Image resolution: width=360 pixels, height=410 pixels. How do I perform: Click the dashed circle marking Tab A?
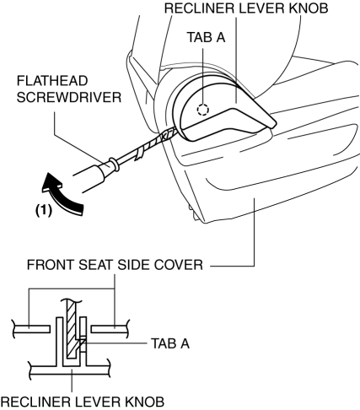click(x=202, y=110)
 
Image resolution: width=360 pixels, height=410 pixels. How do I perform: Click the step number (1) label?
click(x=44, y=210)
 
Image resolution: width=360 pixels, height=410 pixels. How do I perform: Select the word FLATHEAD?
click(x=52, y=81)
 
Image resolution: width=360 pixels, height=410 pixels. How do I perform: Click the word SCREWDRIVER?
click(x=69, y=98)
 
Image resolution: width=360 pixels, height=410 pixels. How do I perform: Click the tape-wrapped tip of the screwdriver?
click(x=158, y=141)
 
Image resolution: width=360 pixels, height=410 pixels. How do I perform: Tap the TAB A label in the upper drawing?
click(x=207, y=37)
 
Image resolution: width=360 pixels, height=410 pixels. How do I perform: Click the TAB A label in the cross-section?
click(x=170, y=343)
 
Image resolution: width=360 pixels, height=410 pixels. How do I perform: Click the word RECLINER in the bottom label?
click(x=35, y=402)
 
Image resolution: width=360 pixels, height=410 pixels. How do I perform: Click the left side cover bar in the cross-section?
click(x=31, y=329)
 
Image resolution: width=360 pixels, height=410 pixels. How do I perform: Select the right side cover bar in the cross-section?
click(x=110, y=329)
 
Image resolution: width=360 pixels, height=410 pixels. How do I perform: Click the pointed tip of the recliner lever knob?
click(x=276, y=124)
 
